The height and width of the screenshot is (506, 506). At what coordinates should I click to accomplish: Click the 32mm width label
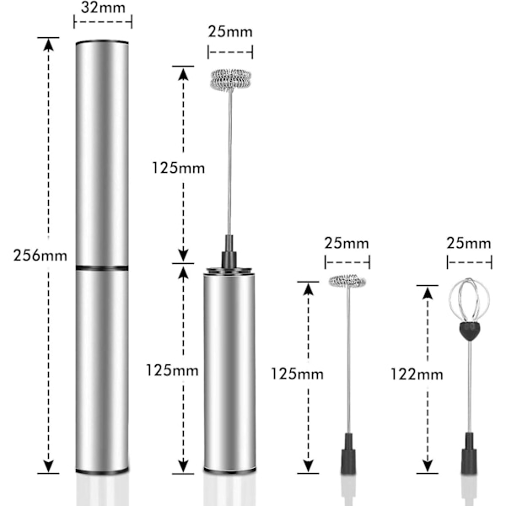(x=103, y=8)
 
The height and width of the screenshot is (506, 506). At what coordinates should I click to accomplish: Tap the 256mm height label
(x=40, y=256)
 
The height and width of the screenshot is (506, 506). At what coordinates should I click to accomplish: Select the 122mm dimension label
(x=417, y=374)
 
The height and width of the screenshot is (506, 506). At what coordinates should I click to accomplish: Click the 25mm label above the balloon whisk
(x=469, y=243)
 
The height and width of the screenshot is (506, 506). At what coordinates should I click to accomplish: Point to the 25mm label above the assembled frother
(x=230, y=32)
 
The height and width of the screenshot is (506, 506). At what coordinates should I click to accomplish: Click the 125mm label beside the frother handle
(x=172, y=370)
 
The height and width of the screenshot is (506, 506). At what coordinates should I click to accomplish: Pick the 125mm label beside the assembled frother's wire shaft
(x=179, y=168)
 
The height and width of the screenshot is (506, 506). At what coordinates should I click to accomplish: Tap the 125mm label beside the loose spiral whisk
(x=297, y=374)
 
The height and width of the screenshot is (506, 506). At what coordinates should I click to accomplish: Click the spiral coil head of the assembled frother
(x=230, y=79)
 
